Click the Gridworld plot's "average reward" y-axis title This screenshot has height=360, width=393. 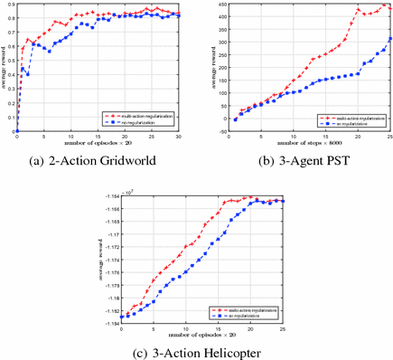click(4, 68)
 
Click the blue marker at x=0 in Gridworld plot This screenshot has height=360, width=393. click(17, 131)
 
